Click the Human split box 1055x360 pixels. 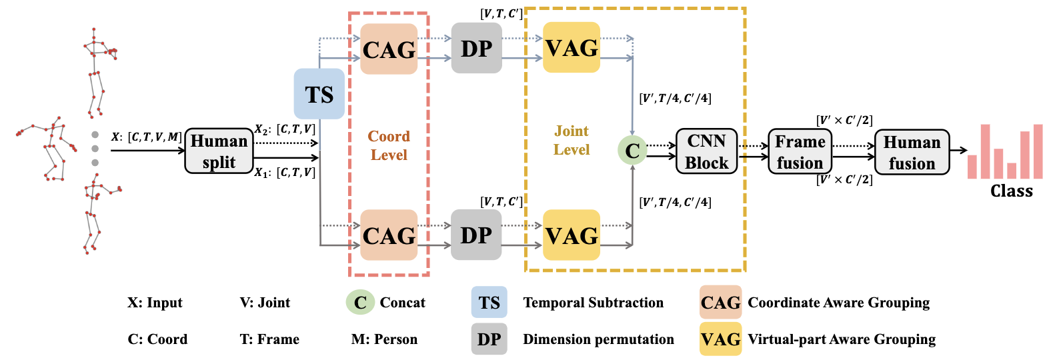(219, 151)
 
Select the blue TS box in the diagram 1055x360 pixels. (319, 93)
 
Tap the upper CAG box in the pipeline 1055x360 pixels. (389, 49)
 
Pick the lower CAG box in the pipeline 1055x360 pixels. (389, 235)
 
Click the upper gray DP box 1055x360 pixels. (477, 48)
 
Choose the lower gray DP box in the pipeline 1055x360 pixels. (476, 235)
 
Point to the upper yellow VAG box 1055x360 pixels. (572, 47)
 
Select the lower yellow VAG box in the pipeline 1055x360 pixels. (572, 235)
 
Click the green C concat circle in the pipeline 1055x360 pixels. (632, 150)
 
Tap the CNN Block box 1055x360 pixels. (706, 151)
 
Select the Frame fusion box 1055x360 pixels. (800, 152)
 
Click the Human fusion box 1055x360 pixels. (912, 153)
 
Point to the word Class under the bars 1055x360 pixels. (1011, 191)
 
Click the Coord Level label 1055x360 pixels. (389, 145)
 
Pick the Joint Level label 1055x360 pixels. (572, 140)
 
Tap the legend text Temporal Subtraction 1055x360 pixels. (593, 302)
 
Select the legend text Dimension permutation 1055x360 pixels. (598, 339)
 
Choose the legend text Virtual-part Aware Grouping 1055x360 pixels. (842, 339)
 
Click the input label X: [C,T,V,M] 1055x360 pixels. (147, 137)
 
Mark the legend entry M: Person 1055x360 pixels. (384, 339)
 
